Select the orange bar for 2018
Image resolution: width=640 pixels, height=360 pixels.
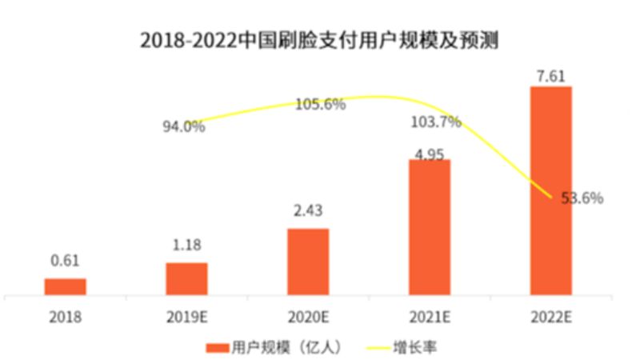(65, 286)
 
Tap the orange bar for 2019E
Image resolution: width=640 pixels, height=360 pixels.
(186, 278)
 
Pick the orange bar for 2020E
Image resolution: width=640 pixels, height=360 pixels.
(308, 262)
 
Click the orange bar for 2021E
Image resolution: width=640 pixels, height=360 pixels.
(430, 227)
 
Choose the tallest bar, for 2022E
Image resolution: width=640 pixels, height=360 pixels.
(551, 190)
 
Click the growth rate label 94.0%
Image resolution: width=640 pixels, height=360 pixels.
(185, 126)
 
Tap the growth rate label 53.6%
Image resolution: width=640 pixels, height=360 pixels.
(582, 198)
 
